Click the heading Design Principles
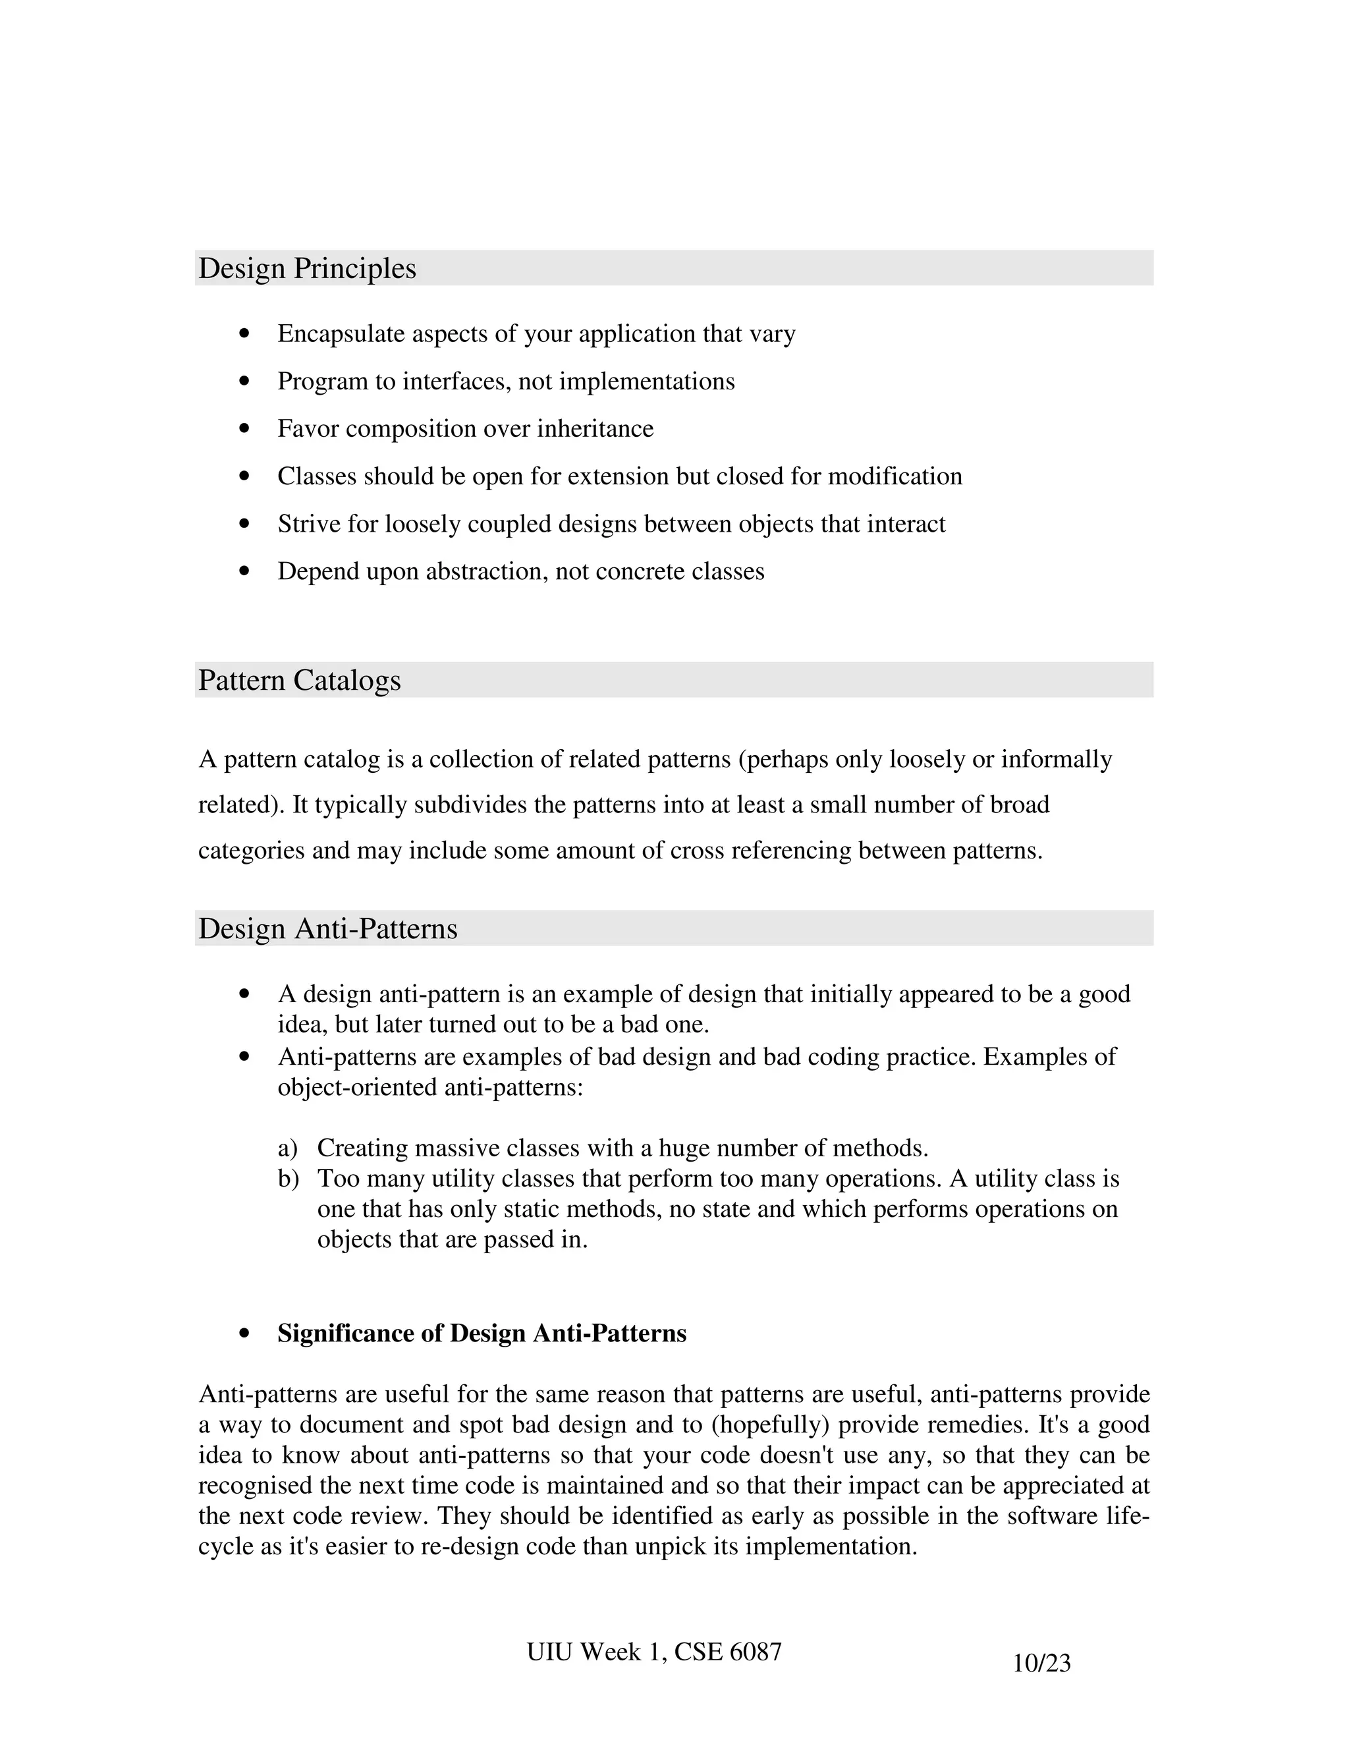pyautogui.click(x=307, y=269)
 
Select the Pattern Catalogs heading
pyautogui.click(x=299, y=681)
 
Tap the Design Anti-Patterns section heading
pyautogui.click(x=327, y=929)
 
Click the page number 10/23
pyautogui.click(x=1041, y=1664)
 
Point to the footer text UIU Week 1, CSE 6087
pyautogui.click(x=653, y=1652)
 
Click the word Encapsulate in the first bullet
pyautogui.click(x=341, y=333)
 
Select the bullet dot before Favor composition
pyautogui.click(x=244, y=430)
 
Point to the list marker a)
pyautogui.click(x=287, y=1149)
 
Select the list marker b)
pyautogui.click(x=288, y=1179)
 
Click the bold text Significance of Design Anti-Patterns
pyautogui.click(x=482, y=1334)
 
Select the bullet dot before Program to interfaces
pyautogui.click(x=244, y=381)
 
